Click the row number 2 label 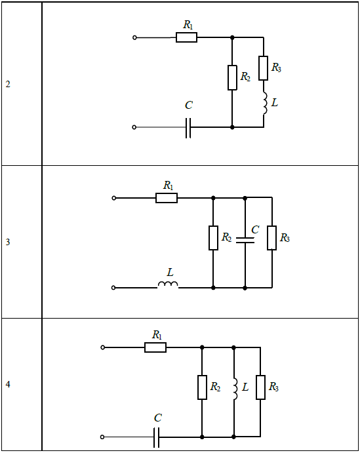[x=8, y=84]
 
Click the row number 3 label [x=8, y=242]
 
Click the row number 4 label [x=8, y=384]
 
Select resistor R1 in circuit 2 [x=186, y=37]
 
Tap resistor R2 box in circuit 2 [x=232, y=78]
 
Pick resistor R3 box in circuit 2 [x=263, y=68]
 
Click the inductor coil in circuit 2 [x=265, y=104]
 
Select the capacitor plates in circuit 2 [x=188, y=127]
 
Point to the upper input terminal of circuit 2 [x=134, y=37]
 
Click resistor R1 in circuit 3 [x=167, y=198]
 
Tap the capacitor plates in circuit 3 [x=245, y=240]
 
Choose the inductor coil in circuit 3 [x=168, y=285]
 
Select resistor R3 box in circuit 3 [x=271, y=238]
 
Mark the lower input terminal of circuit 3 [x=113, y=288]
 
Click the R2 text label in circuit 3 [x=226, y=237]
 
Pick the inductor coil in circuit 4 [x=235, y=389]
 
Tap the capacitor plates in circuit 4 [x=156, y=437]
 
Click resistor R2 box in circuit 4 [x=202, y=387]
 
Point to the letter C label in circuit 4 [x=158, y=418]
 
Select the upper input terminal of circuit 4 [x=102, y=347]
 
